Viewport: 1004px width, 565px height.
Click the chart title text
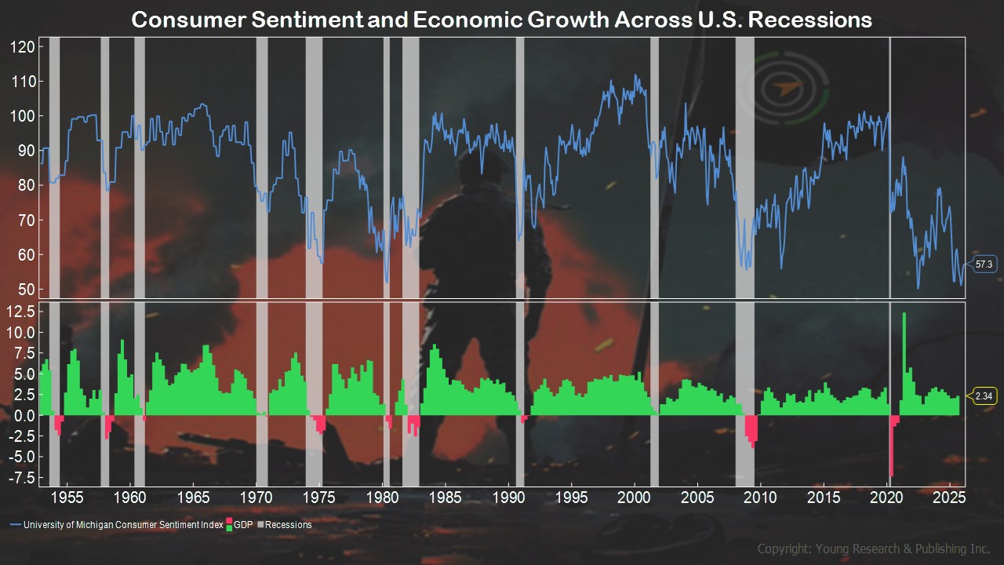click(501, 20)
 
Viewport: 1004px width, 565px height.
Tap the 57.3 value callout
click(984, 264)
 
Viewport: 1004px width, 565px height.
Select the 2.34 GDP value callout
click(984, 396)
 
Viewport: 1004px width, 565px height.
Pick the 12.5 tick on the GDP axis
click(22, 312)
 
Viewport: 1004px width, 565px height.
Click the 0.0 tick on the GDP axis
click(24, 415)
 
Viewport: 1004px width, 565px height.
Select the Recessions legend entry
click(287, 525)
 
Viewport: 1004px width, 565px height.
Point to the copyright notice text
click(873, 549)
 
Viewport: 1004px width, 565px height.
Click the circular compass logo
click(792, 88)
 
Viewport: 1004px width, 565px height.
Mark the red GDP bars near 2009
click(751, 431)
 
